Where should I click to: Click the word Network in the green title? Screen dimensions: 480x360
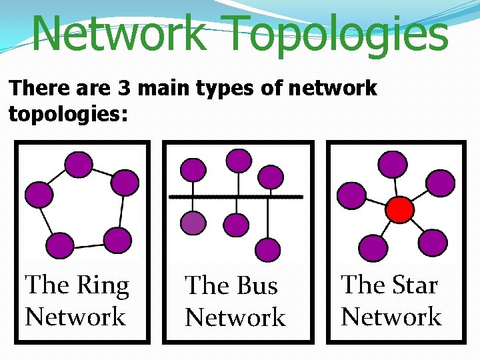118,33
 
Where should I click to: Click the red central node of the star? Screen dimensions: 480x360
401,210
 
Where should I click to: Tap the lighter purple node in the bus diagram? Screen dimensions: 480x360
193,223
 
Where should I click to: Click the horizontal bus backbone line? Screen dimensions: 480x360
236,197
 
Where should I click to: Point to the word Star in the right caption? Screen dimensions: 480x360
412,285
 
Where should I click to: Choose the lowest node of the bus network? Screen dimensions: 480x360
269,249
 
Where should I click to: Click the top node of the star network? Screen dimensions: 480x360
393,164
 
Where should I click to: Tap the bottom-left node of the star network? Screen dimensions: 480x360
371,247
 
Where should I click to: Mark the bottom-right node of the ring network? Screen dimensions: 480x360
119,240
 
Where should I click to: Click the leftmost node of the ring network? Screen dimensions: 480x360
38,195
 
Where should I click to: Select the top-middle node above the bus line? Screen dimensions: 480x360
238,161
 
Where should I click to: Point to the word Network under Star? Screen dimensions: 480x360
391,316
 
